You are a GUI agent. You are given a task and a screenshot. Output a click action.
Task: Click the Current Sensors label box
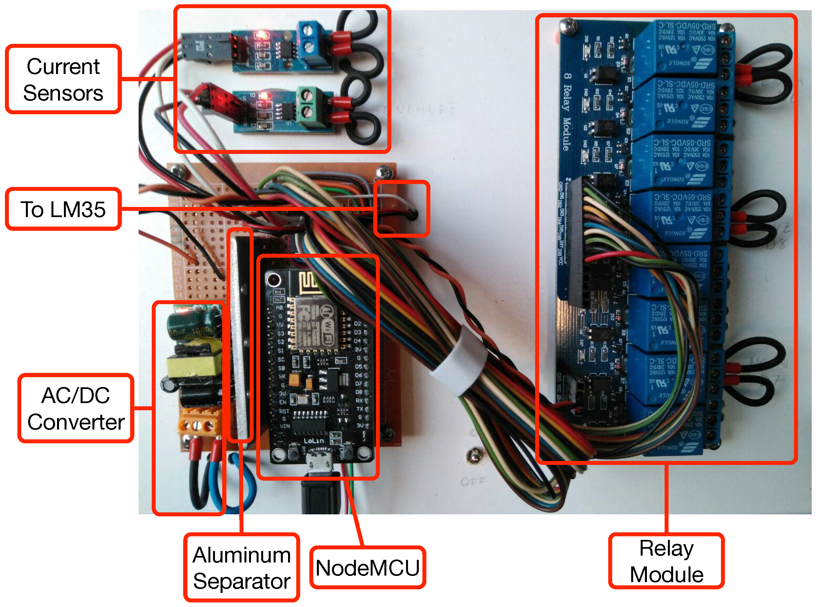pos(63,79)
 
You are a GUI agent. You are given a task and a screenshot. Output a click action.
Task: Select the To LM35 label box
pos(63,209)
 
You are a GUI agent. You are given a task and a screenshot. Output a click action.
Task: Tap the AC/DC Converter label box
pos(76,408)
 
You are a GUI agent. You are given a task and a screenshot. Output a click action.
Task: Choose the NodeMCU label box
pos(367,568)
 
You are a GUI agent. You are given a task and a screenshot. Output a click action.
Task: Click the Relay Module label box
pos(666,561)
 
